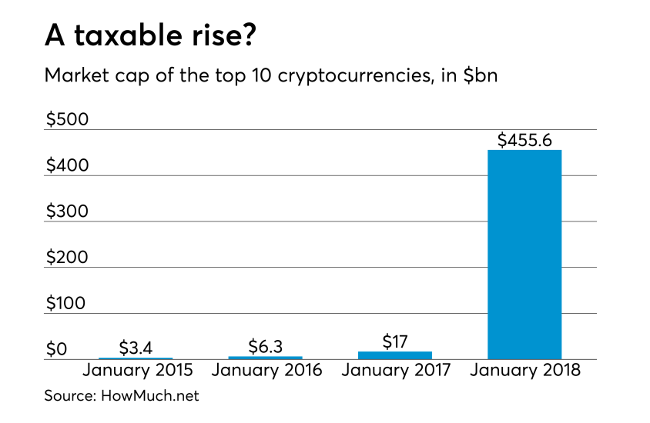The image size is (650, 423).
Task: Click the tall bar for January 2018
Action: pyautogui.click(x=524, y=254)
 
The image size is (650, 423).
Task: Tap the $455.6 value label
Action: pyautogui.click(x=524, y=140)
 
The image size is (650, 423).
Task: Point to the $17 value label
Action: pyautogui.click(x=395, y=339)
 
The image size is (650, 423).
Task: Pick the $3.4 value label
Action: pyautogui.click(x=136, y=348)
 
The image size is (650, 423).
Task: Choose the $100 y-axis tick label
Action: pyautogui.click(x=67, y=303)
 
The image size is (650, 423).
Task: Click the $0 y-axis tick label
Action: pyautogui.click(x=56, y=349)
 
